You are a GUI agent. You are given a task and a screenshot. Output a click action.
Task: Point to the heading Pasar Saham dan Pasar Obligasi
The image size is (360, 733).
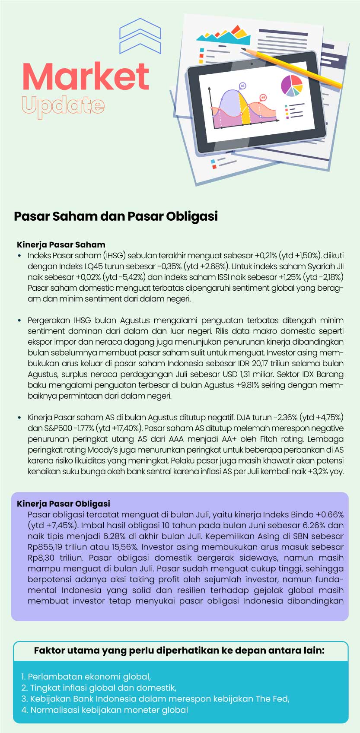coord(116,216)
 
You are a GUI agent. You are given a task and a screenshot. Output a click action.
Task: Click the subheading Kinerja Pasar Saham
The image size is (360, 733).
coord(61,244)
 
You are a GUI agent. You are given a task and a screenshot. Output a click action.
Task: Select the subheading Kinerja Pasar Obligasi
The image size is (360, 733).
coord(64,504)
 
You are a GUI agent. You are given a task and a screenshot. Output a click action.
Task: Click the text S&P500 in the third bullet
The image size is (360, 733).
coord(47,428)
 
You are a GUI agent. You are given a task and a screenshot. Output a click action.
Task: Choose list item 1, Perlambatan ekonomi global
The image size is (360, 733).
coord(86,677)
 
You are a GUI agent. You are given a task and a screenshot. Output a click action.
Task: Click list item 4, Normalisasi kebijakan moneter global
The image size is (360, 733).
coord(105,710)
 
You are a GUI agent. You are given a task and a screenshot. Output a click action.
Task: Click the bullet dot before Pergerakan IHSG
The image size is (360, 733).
coord(19,320)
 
